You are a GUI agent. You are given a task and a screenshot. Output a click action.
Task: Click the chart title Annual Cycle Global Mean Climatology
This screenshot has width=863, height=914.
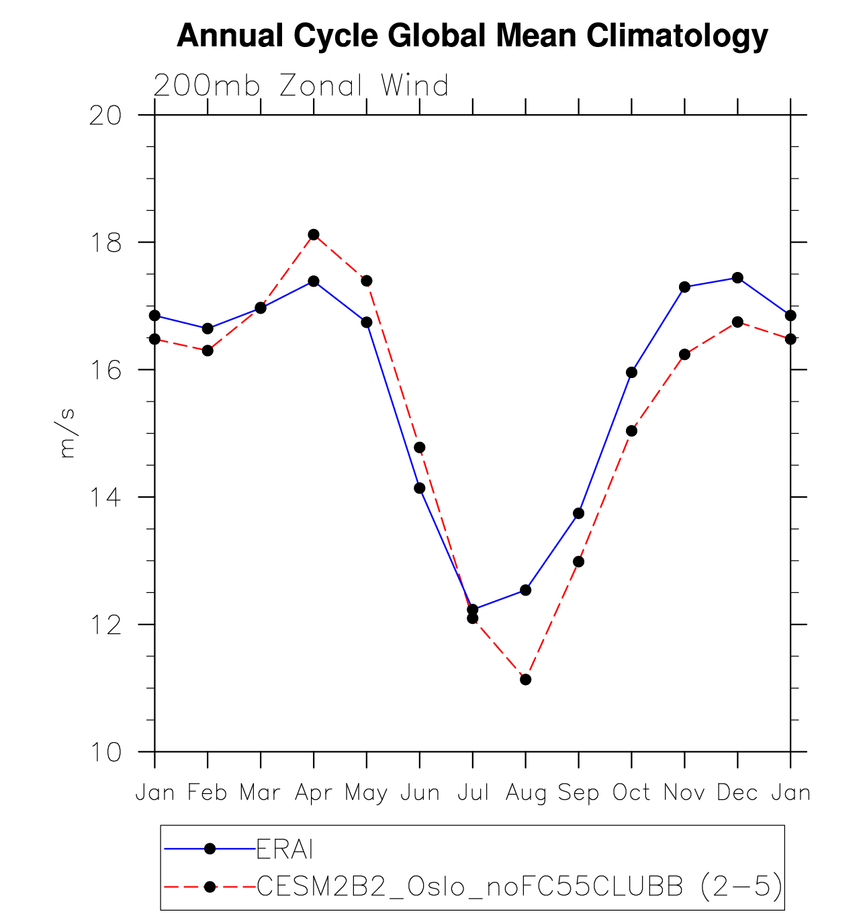coord(472,36)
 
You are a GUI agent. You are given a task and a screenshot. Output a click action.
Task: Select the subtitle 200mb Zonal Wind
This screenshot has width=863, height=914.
coord(301,86)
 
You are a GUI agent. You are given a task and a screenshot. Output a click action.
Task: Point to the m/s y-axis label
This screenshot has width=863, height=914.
coord(67,433)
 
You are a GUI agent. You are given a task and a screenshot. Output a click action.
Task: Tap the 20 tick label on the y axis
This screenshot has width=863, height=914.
coord(105,116)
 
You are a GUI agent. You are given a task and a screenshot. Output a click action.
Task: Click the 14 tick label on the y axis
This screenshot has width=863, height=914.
coord(105,498)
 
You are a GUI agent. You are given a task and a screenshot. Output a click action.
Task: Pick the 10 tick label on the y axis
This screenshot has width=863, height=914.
coord(105,753)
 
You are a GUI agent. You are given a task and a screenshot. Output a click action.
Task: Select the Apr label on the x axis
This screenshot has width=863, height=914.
coord(314,793)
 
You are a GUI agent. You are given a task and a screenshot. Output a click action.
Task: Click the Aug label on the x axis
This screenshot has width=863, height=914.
coord(526,793)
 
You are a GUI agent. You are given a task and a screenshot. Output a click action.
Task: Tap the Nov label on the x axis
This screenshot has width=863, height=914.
coord(684,793)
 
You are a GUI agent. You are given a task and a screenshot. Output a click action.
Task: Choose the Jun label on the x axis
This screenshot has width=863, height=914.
coord(420,793)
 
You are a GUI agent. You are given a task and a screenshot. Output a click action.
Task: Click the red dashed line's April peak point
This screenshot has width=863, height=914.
coord(314,234)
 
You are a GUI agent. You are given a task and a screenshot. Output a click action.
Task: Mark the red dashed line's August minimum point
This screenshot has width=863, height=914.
coord(526,680)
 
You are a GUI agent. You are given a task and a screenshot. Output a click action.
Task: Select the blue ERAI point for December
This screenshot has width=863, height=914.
coord(737,278)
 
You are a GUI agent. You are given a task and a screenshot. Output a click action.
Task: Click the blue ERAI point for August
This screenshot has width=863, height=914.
coord(526,590)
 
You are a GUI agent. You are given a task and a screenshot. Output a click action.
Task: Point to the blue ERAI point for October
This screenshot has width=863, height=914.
coord(631,373)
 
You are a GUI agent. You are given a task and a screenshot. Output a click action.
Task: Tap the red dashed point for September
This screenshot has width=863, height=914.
coord(578,561)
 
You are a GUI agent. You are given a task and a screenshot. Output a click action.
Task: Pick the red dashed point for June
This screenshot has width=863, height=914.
coord(420,448)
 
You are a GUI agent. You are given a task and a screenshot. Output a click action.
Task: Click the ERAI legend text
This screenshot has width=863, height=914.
coord(285,850)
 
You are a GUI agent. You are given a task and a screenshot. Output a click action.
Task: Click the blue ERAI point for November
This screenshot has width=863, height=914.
coord(684,287)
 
